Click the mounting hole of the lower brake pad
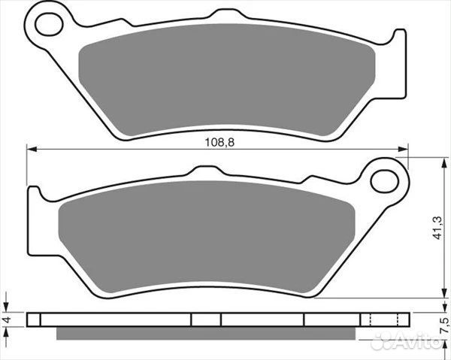pos(384,180)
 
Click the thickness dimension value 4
pos(7,319)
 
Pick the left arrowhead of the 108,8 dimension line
pos(32,148)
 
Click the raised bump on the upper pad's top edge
pos(222,13)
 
